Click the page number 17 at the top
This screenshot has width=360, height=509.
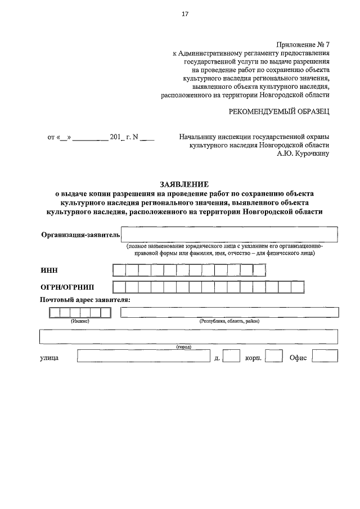coord(184,15)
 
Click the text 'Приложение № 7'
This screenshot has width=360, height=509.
coord(303,44)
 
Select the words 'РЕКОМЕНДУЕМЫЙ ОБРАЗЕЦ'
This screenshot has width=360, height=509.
coord(278,111)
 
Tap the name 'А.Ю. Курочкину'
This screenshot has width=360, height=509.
coord(303,152)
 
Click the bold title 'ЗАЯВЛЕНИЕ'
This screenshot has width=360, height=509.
coord(184,184)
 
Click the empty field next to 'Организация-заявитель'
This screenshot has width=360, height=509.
coord(229,234)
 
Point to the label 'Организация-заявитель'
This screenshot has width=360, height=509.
coord(80,235)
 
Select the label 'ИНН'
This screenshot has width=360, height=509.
coord(49,271)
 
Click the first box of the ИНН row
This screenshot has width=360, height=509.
coord(119,271)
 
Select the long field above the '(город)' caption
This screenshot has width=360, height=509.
coord(188,336)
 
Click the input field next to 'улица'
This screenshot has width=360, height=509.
coord(144,356)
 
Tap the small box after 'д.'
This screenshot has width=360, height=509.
coord(231,356)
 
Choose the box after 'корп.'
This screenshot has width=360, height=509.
coord(273,356)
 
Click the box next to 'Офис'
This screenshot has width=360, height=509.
coord(326,356)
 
